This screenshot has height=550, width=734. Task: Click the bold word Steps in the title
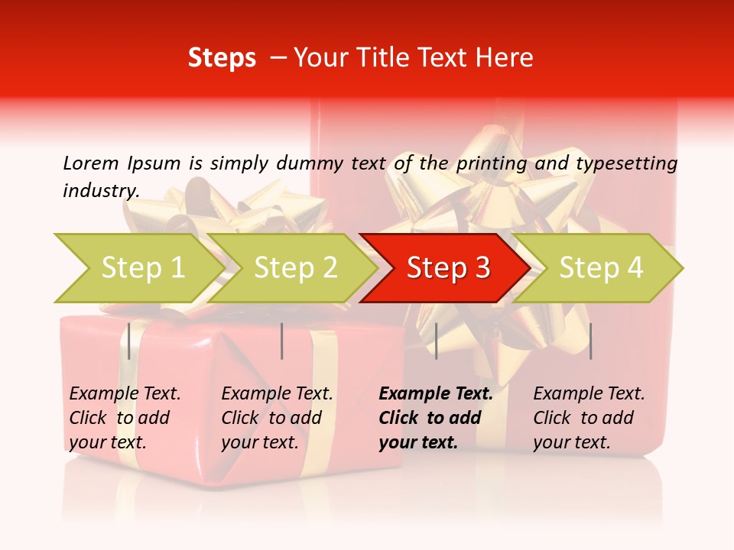pyautogui.click(x=222, y=58)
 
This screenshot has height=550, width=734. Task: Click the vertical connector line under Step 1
pyautogui.click(x=129, y=341)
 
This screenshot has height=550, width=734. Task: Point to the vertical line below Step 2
pyautogui.click(x=282, y=341)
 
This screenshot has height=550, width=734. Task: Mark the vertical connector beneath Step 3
pyautogui.click(x=436, y=341)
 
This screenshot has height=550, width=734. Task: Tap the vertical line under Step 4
pyautogui.click(x=590, y=341)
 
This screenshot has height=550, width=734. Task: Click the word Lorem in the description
pyautogui.click(x=91, y=163)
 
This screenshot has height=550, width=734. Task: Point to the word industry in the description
pyautogui.click(x=101, y=190)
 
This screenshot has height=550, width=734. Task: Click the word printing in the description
pyautogui.click(x=492, y=163)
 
